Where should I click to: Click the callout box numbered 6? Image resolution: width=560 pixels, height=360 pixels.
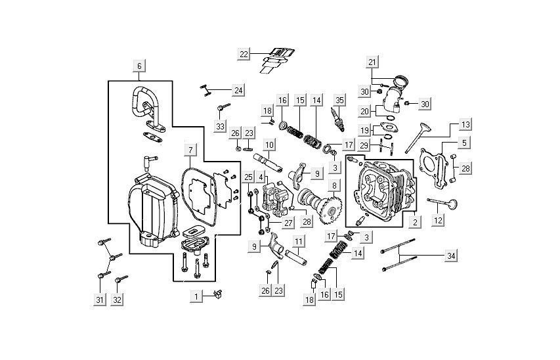[139, 66]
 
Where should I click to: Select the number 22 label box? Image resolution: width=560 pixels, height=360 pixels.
[244, 54]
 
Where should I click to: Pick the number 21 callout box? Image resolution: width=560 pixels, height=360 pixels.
[372, 62]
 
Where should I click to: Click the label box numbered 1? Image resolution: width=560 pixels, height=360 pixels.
[195, 298]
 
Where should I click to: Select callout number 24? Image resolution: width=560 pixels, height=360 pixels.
[238, 90]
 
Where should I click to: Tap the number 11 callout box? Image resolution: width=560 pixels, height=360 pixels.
[298, 242]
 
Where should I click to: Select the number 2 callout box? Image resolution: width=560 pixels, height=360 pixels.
[415, 223]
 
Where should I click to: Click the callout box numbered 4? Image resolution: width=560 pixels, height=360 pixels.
[261, 178]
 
